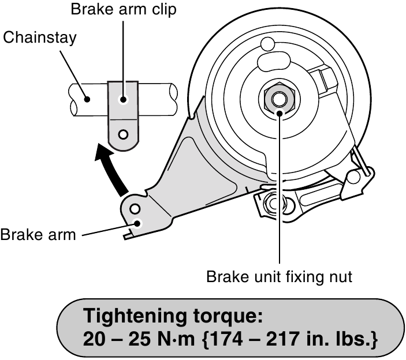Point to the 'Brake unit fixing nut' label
(279, 277)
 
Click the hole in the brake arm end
(134, 208)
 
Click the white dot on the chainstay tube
(87, 99)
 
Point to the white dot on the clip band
(123, 99)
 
